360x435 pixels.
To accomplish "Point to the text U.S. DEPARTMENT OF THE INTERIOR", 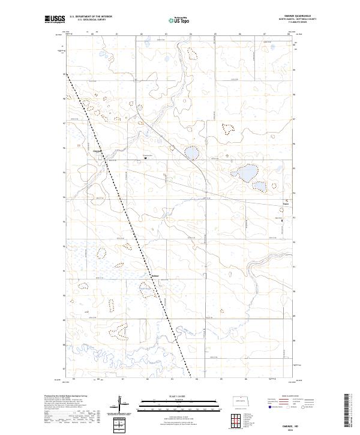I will pyautogui.click(x=91, y=17).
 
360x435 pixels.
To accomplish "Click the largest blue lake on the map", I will pyautogui.click(x=247, y=174).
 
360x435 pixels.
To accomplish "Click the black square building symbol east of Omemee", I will pyautogui.click(x=145, y=158).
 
